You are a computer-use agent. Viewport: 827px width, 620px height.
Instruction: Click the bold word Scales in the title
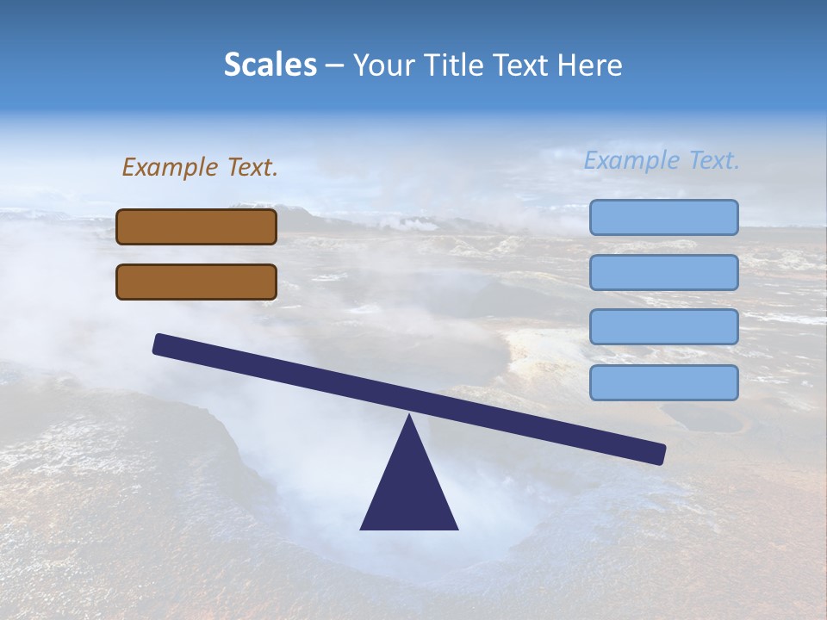[x=270, y=65]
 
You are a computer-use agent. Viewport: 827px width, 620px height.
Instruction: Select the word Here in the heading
[x=591, y=65]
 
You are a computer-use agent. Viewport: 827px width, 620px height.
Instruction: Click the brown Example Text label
[x=200, y=167]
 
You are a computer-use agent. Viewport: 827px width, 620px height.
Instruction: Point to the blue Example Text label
[x=662, y=160]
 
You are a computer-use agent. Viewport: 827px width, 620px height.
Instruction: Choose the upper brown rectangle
[x=196, y=226]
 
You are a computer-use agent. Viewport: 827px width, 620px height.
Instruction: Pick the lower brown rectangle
[x=196, y=282]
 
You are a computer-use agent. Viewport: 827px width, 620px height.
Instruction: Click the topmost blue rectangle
[x=664, y=217]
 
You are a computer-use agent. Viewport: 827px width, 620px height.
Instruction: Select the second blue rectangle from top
[x=664, y=272]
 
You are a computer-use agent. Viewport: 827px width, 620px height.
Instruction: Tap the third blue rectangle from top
[x=664, y=326]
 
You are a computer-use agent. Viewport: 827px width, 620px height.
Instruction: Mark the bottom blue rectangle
[x=664, y=382]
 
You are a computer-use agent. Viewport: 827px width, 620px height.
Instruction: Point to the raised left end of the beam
[x=164, y=344]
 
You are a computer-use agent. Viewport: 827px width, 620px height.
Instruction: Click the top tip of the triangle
[x=409, y=418]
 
